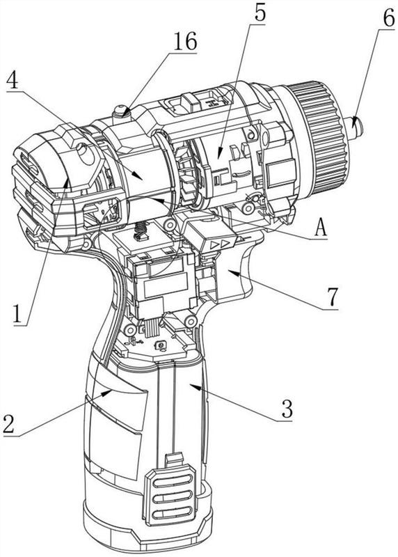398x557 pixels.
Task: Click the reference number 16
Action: click(x=185, y=42)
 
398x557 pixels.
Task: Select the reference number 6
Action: click(x=388, y=19)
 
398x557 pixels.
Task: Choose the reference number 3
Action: click(x=287, y=409)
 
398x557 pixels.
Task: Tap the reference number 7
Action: click(x=332, y=297)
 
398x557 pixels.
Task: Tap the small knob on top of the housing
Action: click(x=120, y=111)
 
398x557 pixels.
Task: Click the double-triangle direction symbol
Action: click(x=219, y=245)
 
